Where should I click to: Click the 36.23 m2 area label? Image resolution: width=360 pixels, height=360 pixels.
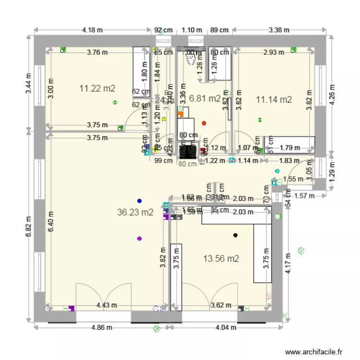(135, 212)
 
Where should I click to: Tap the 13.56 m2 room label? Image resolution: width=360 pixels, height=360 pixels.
(221, 259)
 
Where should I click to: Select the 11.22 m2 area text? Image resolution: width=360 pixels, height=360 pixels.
(97, 88)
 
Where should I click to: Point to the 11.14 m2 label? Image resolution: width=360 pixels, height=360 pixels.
(274, 100)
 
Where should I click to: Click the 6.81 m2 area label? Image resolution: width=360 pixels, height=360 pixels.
(205, 98)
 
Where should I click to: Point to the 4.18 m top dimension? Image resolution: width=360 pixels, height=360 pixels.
(93, 30)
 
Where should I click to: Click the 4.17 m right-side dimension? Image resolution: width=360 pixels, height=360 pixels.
(288, 264)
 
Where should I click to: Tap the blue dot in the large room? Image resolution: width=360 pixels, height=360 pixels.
(140, 201)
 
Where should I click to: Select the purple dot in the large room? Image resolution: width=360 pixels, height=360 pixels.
(140, 238)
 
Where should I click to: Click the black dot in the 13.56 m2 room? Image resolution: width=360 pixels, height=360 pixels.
(235, 235)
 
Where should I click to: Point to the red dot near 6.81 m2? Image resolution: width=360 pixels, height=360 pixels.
(204, 123)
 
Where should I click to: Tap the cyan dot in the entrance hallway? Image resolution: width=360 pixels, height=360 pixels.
(277, 171)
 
